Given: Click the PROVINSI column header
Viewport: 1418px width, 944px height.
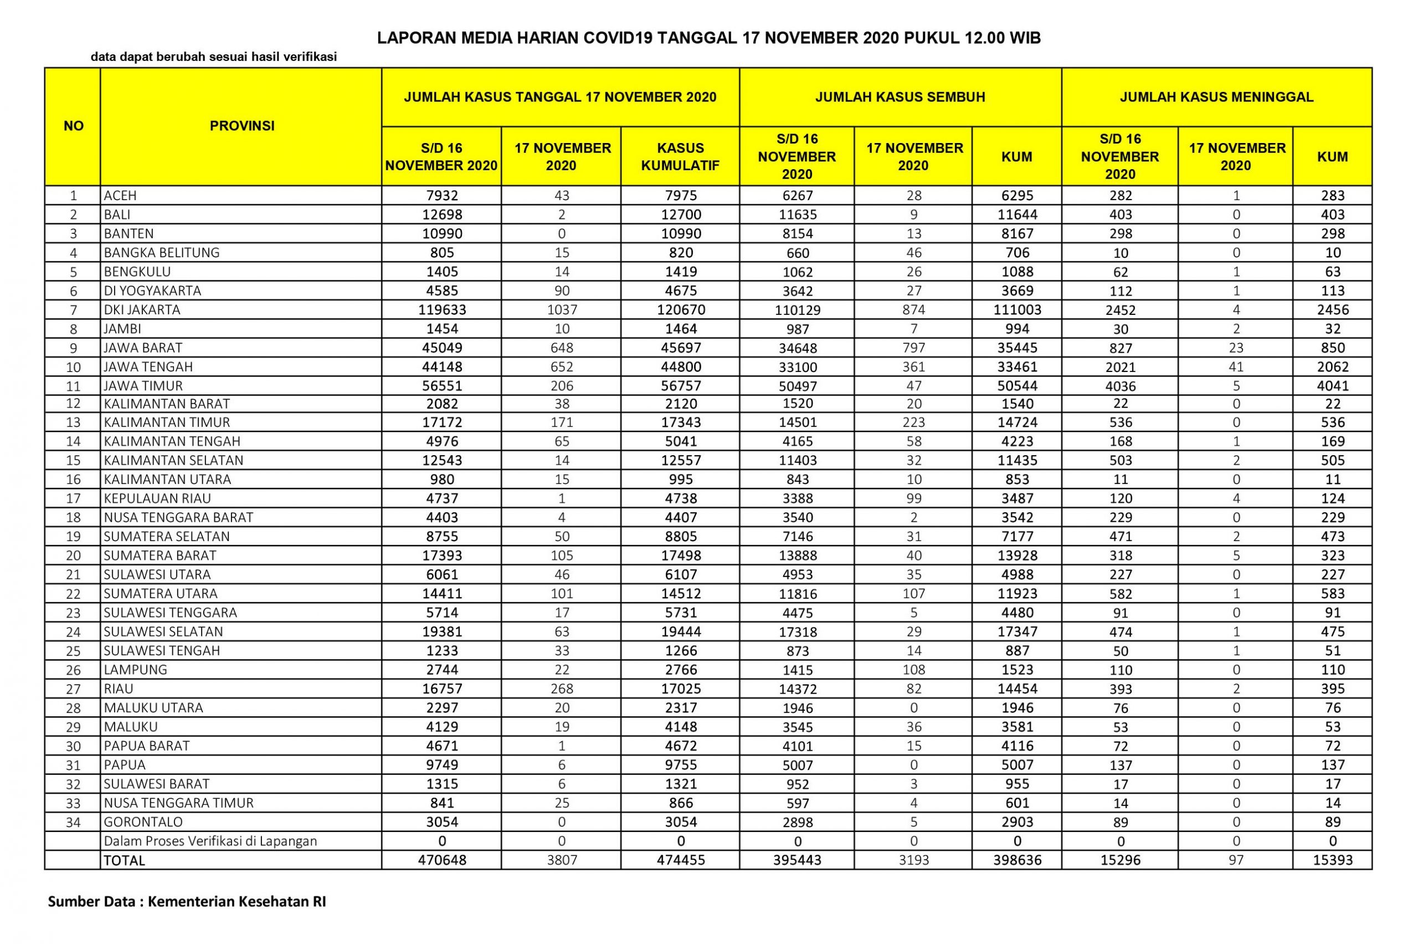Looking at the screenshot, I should pos(242,126).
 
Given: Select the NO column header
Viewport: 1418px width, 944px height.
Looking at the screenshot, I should pos(74,126).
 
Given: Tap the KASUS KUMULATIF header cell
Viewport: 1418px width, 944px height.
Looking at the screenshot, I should pos(680,156).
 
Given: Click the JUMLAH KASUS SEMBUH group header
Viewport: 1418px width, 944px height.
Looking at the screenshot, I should pos(900,97).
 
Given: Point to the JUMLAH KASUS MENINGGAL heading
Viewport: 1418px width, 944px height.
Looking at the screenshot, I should pos(1216,97).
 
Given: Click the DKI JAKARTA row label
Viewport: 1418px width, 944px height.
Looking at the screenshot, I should pos(142,309).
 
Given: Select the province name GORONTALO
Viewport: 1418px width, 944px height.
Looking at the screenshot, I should pos(143,822).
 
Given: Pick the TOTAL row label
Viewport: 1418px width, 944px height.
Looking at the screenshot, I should pos(125,860).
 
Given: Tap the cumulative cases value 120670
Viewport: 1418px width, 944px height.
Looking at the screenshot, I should pos(680,309).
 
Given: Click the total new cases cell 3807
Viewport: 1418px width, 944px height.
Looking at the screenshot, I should pos(561,860).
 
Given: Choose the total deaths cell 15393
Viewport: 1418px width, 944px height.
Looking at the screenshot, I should pos(1333,860).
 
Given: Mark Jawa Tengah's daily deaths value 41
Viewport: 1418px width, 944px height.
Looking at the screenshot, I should pos(1236,366).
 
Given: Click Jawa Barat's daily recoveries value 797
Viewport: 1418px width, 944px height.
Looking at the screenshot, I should pos(913,348).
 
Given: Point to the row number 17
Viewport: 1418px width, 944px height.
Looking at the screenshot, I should pos(74,498).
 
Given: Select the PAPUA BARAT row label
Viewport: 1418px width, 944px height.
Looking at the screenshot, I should pos(147,746).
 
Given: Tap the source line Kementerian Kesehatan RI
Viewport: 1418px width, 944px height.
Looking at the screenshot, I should pos(237,902).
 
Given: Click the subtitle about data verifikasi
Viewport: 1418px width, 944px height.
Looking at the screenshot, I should pos(214,57).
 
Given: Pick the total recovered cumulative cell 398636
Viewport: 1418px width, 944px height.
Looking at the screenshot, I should pos(1017,860).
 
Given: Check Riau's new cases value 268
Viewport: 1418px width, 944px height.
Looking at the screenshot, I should pos(561,688).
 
